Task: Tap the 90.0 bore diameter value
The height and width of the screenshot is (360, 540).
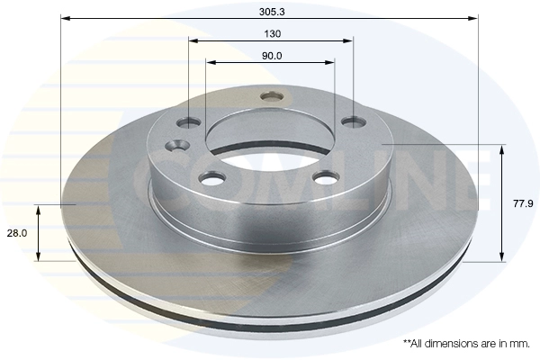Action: pos(270,55)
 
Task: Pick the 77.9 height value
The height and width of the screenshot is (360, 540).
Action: pos(521,203)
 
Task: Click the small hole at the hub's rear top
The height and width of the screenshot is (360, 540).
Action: pos(270,96)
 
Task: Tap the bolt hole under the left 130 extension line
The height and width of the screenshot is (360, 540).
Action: pos(190,121)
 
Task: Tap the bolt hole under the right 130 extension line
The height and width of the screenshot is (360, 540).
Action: pos(352,121)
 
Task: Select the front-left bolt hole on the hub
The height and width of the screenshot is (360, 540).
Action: pos(212,178)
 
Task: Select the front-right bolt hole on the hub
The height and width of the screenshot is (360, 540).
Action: pos(324,178)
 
